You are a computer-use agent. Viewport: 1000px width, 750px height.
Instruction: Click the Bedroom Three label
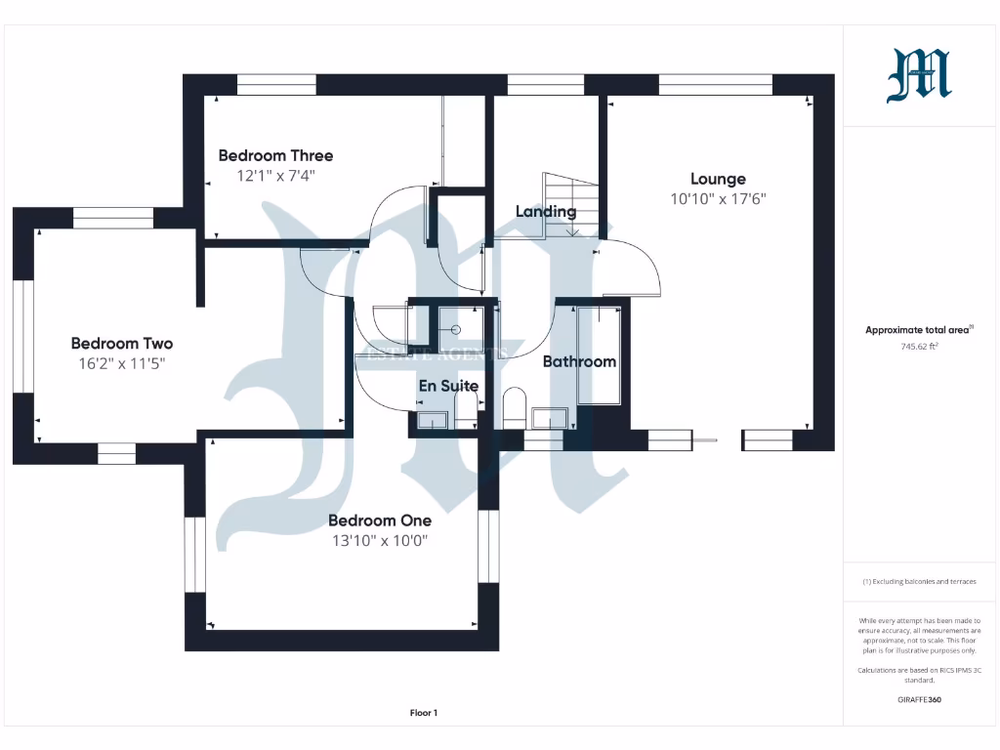275,155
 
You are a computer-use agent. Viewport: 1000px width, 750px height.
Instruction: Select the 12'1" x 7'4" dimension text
275,176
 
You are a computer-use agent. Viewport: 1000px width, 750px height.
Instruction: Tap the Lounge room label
718,179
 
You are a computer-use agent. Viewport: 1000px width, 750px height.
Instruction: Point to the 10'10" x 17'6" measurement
718,198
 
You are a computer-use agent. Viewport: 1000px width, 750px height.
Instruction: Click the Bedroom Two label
122,344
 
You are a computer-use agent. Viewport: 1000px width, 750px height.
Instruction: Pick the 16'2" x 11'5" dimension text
122,363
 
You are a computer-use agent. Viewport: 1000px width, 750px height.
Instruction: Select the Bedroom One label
379,521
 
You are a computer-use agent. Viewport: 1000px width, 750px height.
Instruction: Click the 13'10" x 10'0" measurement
379,540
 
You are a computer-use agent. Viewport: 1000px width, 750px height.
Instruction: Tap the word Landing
546,211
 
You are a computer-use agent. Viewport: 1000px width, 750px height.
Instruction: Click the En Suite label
448,386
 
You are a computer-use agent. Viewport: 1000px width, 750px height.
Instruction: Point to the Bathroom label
579,361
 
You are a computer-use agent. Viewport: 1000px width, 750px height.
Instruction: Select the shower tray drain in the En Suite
456,329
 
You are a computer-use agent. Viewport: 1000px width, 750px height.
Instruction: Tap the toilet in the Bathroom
515,405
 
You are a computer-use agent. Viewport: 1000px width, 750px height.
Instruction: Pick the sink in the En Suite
431,420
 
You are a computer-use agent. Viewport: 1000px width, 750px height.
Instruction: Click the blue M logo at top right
918,76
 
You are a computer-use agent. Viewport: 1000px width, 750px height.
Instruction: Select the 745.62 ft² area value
918,347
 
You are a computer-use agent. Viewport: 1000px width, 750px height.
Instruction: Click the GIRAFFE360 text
918,699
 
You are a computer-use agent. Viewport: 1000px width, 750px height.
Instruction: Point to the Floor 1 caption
423,713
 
